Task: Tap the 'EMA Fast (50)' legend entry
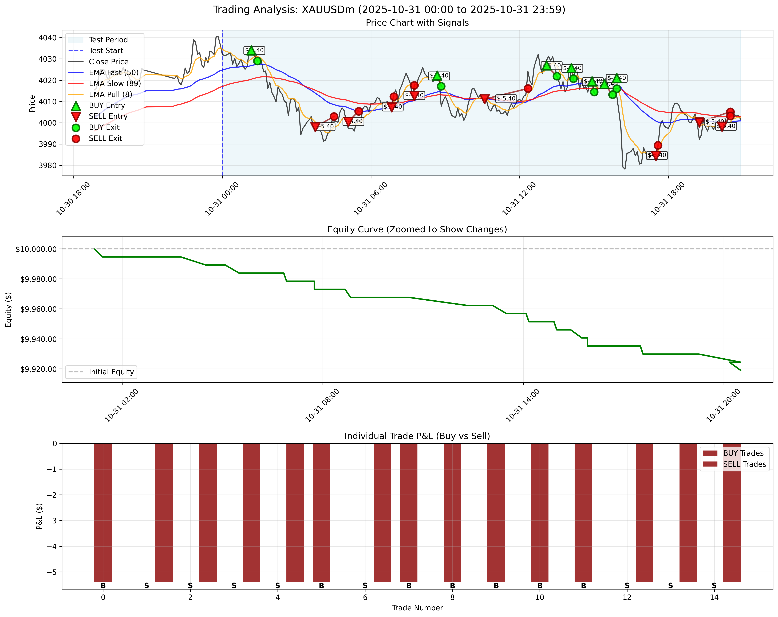coord(113,73)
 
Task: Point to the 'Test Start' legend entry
coord(106,51)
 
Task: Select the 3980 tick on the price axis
coord(47,165)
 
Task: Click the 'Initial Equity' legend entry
coord(111,372)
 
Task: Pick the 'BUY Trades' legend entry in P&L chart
coord(743,453)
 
